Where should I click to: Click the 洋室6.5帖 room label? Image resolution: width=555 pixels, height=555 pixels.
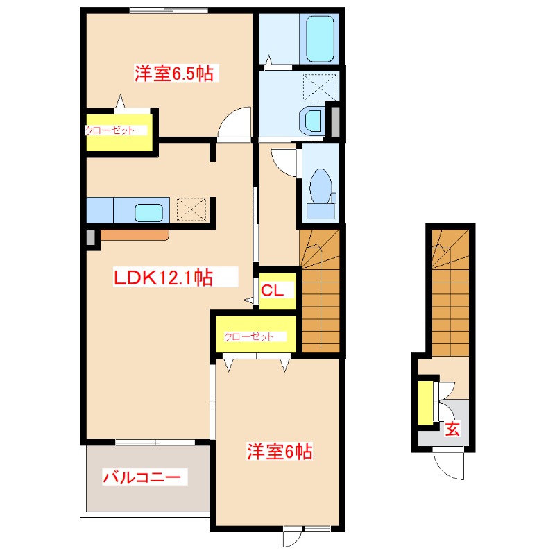pos(174,74)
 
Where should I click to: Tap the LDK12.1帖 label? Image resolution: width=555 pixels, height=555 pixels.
pos(163,277)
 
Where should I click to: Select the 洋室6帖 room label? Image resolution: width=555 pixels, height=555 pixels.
pos(280,452)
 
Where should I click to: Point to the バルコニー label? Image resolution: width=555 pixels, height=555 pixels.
pos(142,477)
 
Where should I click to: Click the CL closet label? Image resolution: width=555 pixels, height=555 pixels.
pos(272,291)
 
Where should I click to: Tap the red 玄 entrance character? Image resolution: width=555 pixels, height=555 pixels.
pos(452,429)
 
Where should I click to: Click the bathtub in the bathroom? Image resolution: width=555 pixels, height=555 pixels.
pos(320,39)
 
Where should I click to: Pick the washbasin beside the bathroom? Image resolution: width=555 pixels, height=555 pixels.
pos(311,119)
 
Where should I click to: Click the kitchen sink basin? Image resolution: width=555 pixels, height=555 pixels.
pos(148,213)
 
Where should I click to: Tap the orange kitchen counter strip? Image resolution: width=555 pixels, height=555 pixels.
pos(135,235)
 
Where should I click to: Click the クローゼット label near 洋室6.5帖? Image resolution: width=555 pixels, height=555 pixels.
pos(110,130)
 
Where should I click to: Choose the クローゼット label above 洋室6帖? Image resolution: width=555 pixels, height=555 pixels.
pos(249,336)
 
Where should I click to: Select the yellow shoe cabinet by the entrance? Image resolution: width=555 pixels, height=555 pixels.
pos(425,403)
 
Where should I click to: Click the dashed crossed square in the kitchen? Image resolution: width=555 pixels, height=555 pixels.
pos(191,210)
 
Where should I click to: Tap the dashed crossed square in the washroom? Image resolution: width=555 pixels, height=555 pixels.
pos(320,87)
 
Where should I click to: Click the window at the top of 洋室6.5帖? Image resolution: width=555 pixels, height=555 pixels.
pos(169,10)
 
